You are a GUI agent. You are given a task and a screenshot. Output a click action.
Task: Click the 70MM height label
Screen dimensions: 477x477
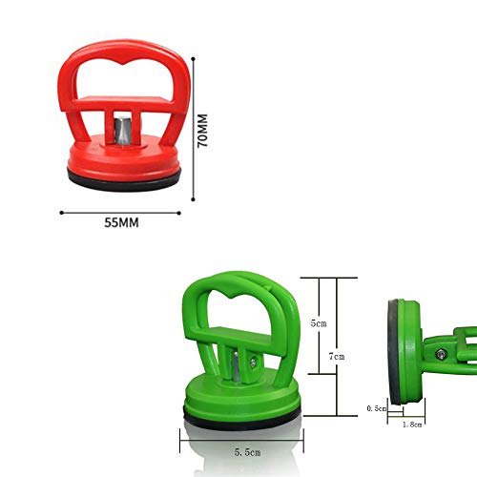click(x=202, y=131)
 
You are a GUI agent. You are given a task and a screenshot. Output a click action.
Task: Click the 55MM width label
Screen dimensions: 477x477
click(x=121, y=222)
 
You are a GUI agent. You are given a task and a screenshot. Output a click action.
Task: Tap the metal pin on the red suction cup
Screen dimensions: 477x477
click(x=121, y=131)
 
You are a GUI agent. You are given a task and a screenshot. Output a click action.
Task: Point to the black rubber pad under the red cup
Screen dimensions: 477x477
click(x=124, y=180)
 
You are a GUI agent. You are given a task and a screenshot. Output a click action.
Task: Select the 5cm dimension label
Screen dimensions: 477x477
click(x=319, y=323)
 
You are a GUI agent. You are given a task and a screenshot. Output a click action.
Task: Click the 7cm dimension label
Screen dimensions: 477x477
click(x=337, y=357)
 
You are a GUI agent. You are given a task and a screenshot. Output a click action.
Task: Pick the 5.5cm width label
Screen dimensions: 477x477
click(x=248, y=452)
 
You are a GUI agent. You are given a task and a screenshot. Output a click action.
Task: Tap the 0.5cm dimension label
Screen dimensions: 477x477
click(x=377, y=408)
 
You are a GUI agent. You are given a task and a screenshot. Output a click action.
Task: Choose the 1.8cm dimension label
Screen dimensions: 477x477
click(x=412, y=425)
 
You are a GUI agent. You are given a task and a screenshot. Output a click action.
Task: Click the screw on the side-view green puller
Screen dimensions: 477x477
click(x=441, y=354)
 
